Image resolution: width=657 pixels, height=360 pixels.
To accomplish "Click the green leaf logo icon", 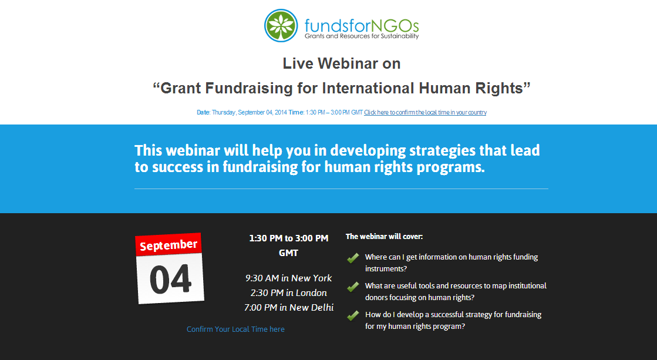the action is pyautogui.click(x=281, y=26).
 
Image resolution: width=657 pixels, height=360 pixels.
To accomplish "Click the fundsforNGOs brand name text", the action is pyautogui.click(x=362, y=25).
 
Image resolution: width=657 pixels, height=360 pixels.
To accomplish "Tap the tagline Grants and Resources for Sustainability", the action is pyautogui.click(x=362, y=36).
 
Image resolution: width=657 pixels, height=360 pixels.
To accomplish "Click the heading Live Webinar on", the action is pyautogui.click(x=342, y=63).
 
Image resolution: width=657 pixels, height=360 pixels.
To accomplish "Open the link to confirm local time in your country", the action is pyautogui.click(x=425, y=112).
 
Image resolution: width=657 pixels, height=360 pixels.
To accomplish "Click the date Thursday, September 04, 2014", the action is pyautogui.click(x=250, y=112).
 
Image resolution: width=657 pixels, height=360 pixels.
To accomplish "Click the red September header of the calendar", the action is pyautogui.click(x=169, y=245).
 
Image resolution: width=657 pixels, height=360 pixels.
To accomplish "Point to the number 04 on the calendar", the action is pyautogui.click(x=170, y=279).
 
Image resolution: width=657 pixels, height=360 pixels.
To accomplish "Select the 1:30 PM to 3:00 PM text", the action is pyautogui.click(x=289, y=238).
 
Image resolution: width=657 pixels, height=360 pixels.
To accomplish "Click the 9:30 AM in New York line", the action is pyautogui.click(x=289, y=278).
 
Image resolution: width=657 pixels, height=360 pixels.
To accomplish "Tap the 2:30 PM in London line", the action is pyautogui.click(x=289, y=293).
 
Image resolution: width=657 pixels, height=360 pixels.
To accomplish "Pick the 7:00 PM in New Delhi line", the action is pyautogui.click(x=289, y=308).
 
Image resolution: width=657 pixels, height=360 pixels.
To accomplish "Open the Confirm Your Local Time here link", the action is pyautogui.click(x=235, y=329).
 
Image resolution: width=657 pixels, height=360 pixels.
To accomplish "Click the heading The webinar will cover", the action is pyautogui.click(x=384, y=237).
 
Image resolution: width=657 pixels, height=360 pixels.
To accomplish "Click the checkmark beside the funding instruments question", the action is pyautogui.click(x=353, y=258).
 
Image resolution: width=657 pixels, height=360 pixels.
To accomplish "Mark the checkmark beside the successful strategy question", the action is pyautogui.click(x=353, y=315).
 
